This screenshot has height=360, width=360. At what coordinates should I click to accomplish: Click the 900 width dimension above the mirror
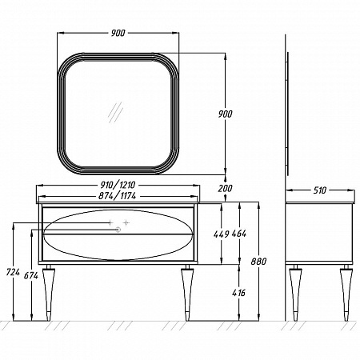click(118, 33)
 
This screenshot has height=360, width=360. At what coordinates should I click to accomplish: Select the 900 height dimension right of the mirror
click(226, 114)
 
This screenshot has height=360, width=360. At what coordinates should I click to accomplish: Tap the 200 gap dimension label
click(225, 188)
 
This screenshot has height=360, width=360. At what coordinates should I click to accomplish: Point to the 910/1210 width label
click(118, 185)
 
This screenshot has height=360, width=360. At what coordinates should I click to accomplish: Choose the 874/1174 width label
click(118, 196)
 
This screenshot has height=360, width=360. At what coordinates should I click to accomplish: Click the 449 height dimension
click(222, 234)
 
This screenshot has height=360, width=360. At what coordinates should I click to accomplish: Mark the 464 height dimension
click(239, 234)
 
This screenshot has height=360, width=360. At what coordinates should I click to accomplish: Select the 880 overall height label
click(258, 262)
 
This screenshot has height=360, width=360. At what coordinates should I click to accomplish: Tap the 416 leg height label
click(238, 293)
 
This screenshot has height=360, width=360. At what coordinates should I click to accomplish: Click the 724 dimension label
click(13, 272)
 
